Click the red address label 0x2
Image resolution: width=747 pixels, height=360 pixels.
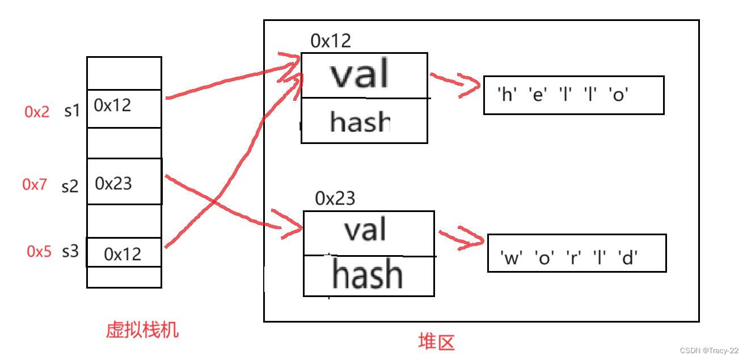pos(37,112)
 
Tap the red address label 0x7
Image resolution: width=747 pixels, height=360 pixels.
pos(35,184)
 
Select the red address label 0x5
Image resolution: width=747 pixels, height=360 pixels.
pos(39,251)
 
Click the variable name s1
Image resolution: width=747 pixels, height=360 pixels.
pos(72,111)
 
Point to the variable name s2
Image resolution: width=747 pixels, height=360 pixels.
pos(70,185)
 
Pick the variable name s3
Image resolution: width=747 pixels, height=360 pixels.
pos(70,251)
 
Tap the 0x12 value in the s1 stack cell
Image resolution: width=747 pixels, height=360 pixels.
pos(112,105)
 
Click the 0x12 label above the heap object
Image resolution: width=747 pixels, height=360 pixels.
pos(331,41)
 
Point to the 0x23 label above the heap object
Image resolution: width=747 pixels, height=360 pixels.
pos(335,198)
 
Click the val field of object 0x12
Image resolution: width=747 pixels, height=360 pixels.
pos(361,74)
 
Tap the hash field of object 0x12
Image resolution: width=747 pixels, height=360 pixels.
pos(360,121)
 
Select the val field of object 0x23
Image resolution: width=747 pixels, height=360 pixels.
pos(366,230)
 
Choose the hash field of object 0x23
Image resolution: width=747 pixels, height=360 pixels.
pos(368,275)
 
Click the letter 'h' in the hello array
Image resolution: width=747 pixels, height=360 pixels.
pos(505,95)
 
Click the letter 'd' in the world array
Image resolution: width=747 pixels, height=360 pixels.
pos(628,258)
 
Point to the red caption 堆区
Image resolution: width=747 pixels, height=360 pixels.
pos(436,342)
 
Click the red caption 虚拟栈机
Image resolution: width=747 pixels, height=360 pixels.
pos(142,329)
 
